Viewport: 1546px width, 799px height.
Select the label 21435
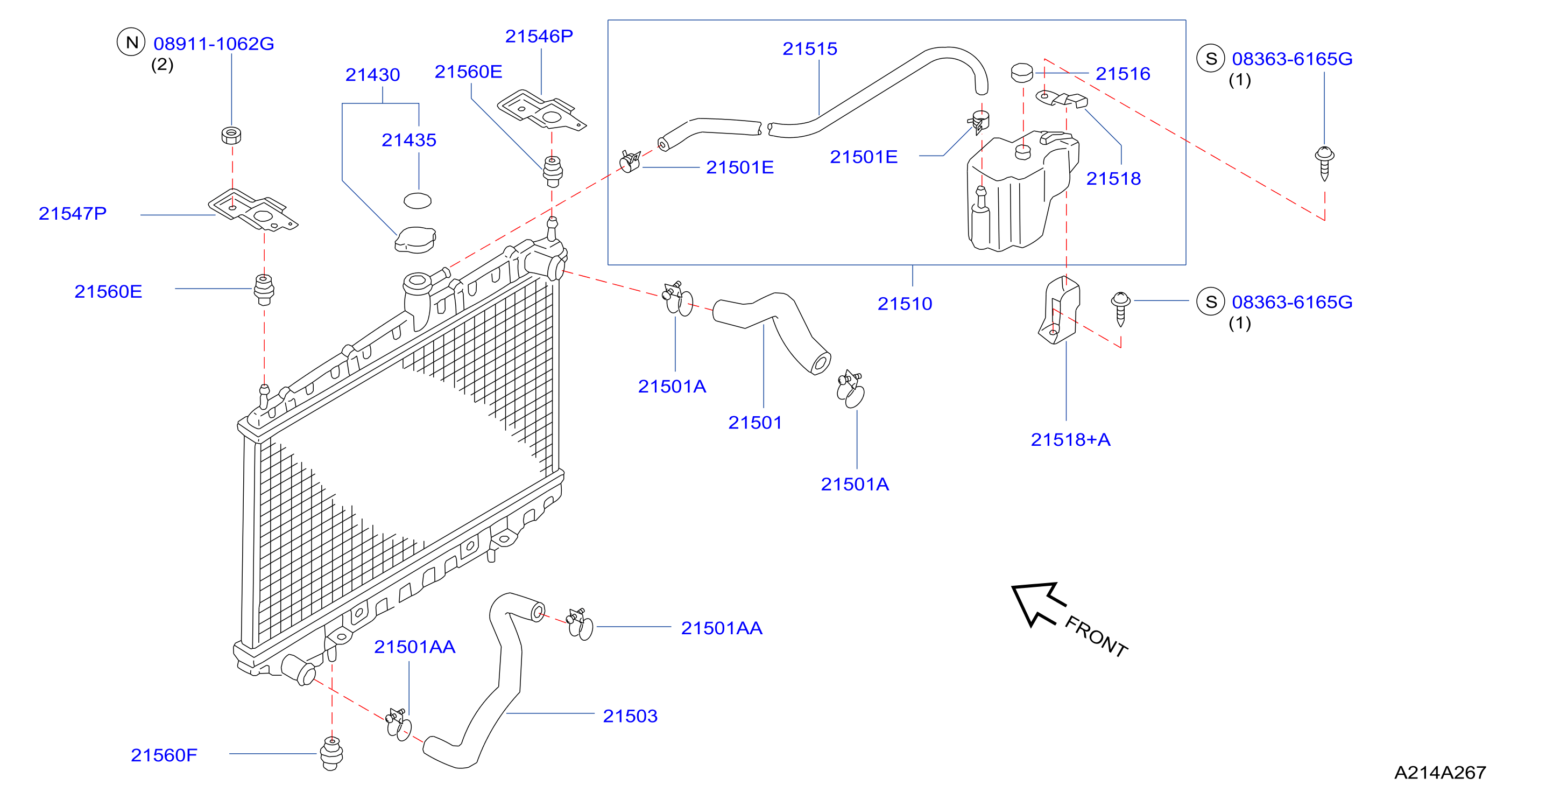(409, 140)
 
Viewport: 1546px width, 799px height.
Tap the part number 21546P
(539, 37)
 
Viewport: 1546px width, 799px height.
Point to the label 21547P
(73, 214)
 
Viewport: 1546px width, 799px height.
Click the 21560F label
(164, 755)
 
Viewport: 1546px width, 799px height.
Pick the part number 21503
(630, 716)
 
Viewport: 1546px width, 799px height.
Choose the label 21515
(810, 48)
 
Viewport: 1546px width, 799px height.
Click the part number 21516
(1123, 74)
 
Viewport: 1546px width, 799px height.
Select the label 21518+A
(1071, 440)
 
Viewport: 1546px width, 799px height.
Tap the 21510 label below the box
(905, 304)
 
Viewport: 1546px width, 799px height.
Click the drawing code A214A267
(1441, 773)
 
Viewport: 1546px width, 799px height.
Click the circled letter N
(131, 42)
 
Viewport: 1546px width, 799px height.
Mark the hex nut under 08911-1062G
(232, 135)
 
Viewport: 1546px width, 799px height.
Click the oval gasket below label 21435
(418, 200)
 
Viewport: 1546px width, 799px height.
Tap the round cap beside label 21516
(1022, 73)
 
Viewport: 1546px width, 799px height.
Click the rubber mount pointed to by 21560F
(331, 753)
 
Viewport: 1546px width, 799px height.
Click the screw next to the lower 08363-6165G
(1120, 309)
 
